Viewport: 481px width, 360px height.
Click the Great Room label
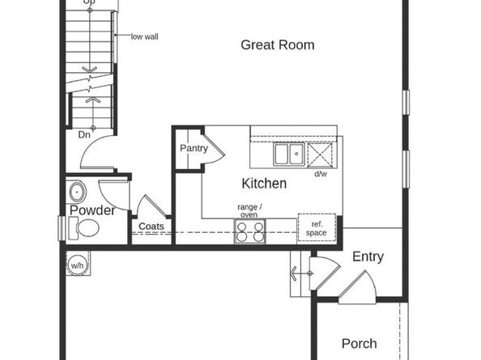(277, 45)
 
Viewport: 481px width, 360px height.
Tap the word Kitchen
(264, 184)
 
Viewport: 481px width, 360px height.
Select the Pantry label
(194, 148)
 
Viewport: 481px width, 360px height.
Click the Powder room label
(92, 210)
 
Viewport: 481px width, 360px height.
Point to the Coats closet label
(151, 227)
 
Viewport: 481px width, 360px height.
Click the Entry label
(368, 257)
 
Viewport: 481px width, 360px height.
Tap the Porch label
(359, 344)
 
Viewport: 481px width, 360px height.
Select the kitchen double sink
(288, 154)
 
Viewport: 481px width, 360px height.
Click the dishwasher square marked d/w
(321, 154)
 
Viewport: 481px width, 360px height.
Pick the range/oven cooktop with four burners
(249, 232)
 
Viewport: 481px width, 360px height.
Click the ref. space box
(316, 227)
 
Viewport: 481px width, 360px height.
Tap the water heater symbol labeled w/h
(78, 264)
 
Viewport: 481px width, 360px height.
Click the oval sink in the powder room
(78, 193)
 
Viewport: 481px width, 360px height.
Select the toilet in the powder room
(84, 230)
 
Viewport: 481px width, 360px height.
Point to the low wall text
(144, 36)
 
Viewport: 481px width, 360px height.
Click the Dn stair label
(84, 135)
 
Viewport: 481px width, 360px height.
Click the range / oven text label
(248, 210)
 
